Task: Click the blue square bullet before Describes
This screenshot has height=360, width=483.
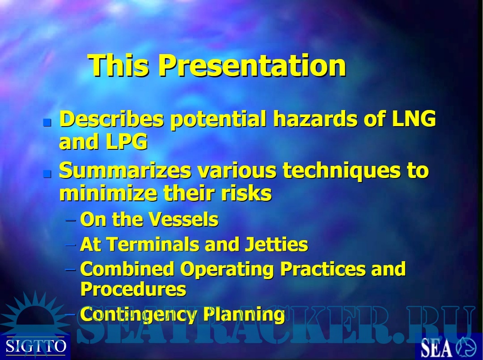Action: (47, 123)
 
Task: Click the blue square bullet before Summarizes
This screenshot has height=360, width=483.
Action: (47, 174)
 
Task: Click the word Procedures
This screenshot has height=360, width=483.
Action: (133, 289)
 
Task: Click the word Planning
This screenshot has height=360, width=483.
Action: (244, 315)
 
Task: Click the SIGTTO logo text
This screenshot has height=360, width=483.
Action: (36, 346)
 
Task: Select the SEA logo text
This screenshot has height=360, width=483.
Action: (436, 348)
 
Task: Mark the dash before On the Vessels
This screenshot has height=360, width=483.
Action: (71, 220)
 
